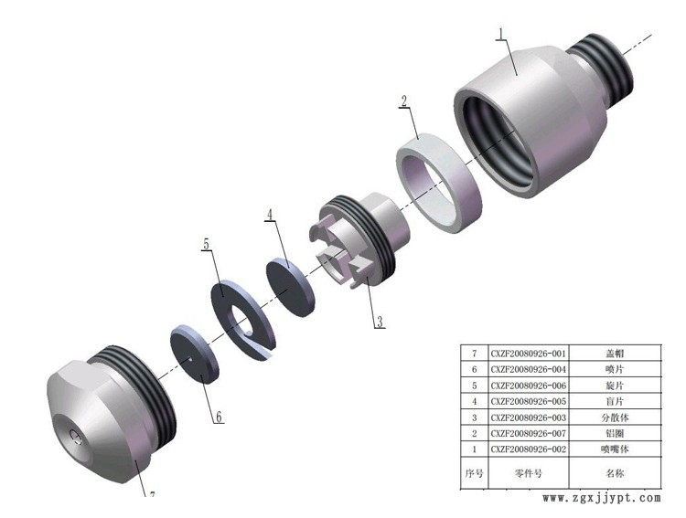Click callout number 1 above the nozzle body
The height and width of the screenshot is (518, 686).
pos(501,34)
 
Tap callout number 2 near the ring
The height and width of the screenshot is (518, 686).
pos(403,101)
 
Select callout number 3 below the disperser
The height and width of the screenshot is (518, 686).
pos(380,322)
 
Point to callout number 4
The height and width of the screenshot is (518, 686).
pos(270,215)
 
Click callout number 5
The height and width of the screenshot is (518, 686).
pos(207,244)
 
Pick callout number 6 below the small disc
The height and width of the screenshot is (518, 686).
pos(219,417)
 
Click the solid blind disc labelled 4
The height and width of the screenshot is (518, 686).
pos(291,287)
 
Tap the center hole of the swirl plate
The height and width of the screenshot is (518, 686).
pos(240,322)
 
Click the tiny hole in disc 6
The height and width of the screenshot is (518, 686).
pos(190,360)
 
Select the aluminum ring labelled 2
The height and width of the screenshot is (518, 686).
pos(439,183)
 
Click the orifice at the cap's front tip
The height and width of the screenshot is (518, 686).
pos(76,436)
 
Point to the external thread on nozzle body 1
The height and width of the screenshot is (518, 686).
pos(606,65)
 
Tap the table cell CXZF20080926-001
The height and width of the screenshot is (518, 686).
pos(528,354)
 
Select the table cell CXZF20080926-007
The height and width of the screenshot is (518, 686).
pos(528,433)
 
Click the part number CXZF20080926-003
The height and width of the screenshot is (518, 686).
pos(528,418)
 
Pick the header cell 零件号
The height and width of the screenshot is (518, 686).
pos(528,473)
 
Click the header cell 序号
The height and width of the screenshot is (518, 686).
pos(474,473)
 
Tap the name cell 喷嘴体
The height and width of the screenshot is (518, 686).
pos(615,449)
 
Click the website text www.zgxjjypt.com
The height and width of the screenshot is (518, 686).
pos(602,498)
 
